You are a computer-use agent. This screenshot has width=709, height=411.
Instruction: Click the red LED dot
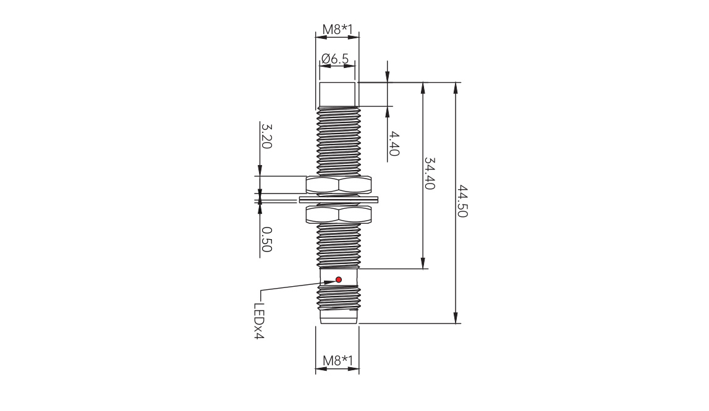tap(339, 280)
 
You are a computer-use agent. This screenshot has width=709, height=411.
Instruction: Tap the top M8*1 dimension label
tap(337, 30)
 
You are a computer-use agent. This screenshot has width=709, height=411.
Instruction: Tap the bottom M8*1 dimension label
tap(338, 360)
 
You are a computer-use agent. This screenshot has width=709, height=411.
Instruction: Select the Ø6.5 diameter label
tap(335, 58)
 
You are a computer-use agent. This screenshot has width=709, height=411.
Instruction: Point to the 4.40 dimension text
tap(394, 143)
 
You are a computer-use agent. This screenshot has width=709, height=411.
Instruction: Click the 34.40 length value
tap(429, 174)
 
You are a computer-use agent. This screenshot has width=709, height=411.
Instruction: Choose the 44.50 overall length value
tap(462, 201)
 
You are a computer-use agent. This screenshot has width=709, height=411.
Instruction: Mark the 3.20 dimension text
tap(266, 135)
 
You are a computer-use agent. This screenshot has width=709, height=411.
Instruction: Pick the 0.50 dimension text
tap(266, 240)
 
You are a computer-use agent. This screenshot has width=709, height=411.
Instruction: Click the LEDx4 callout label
tap(258, 321)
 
